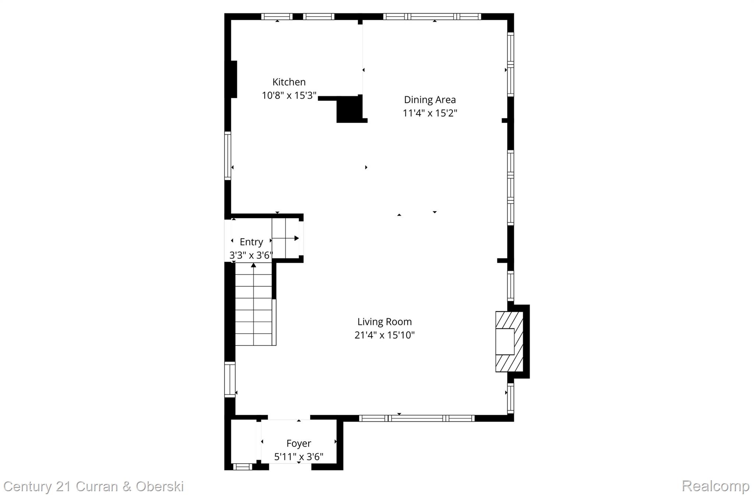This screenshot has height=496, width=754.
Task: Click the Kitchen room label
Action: [289, 82]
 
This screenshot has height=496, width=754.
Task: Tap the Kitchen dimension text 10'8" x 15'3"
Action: [289, 95]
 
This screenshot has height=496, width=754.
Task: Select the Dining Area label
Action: [430, 99]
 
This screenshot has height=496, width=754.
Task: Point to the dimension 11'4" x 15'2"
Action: [430, 113]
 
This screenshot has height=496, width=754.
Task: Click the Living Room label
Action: [384, 321]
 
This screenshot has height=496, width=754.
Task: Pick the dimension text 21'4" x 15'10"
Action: [384, 335]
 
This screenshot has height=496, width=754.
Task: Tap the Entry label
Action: [251, 242]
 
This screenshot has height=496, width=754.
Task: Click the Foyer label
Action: [299, 443]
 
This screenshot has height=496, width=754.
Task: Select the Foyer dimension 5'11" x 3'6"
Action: [299, 457]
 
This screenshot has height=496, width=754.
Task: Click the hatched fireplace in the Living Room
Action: [509, 341]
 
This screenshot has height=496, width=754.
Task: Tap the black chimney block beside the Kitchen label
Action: [349, 109]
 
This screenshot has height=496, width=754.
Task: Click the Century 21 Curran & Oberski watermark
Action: [94, 486]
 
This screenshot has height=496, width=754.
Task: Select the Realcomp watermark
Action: [715, 486]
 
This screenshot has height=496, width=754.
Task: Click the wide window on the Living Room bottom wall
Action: [417, 418]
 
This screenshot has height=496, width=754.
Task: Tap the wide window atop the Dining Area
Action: [432, 16]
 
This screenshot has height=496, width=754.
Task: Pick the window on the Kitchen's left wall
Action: [228, 156]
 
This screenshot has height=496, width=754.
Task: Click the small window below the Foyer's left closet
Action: [243, 467]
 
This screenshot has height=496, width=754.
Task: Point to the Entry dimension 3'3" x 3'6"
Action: [251, 255]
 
